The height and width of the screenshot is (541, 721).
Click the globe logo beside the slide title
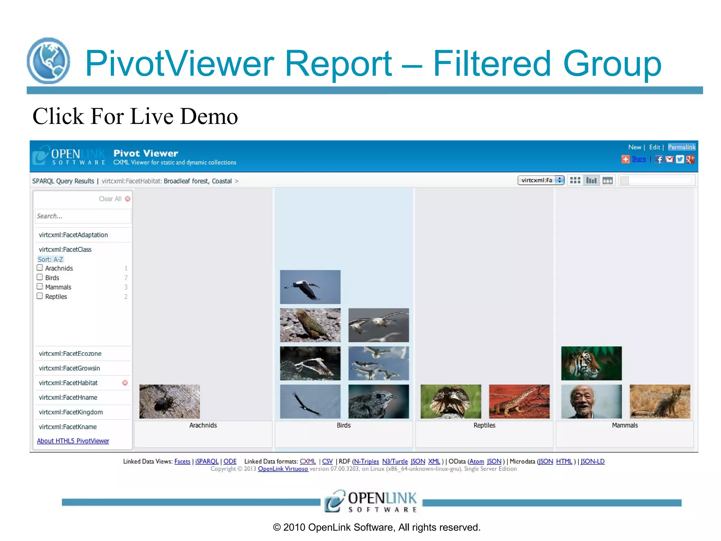click(48, 61)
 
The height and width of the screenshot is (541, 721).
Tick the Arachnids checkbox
click(40, 268)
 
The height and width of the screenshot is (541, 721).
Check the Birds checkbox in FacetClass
click(40, 277)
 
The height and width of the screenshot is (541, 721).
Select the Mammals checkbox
click(40, 287)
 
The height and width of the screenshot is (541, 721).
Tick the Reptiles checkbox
click(40, 296)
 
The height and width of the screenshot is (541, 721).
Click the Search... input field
click(83, 216)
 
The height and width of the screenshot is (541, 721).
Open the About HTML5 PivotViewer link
click(73, 441)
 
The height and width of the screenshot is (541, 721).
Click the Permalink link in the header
click(682, 147)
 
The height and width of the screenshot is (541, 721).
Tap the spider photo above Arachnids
click(169, 402)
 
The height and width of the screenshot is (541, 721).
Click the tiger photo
click(591, 363)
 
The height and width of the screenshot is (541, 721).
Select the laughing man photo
click(591, 402)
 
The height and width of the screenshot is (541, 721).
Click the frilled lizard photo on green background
click(451, 402)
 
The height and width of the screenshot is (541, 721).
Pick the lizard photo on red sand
click(519, 402)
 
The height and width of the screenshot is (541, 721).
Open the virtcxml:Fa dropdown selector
click(541, 180)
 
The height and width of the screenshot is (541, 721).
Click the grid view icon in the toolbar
click(575, 180)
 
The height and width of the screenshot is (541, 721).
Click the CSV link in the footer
click(327, 461)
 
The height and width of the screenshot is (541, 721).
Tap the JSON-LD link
click(593, 461)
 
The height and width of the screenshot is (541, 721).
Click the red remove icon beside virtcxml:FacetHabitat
click(125, 383)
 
